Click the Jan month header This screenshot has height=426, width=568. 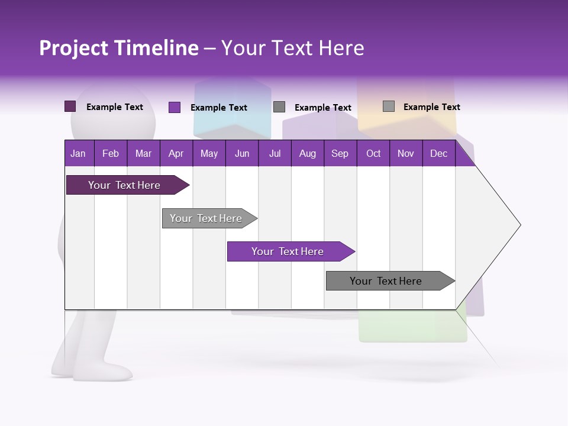coord(78,153)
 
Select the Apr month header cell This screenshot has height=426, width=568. coord(176,153)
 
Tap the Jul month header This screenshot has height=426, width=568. coord(275,153)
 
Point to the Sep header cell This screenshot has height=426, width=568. coord(340,153)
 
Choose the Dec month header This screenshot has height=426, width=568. coord(438,153)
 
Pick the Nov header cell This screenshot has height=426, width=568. coord(405,153)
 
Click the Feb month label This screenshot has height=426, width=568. coord(111,153)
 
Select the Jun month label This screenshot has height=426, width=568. coord(242,153)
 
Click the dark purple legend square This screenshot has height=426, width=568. coord(70,106)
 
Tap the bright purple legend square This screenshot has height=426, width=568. coord(175,107)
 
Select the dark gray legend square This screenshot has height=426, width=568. coord(279,106)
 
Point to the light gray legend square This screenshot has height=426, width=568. coord(389,106)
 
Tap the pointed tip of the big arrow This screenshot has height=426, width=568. coord(518,224)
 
